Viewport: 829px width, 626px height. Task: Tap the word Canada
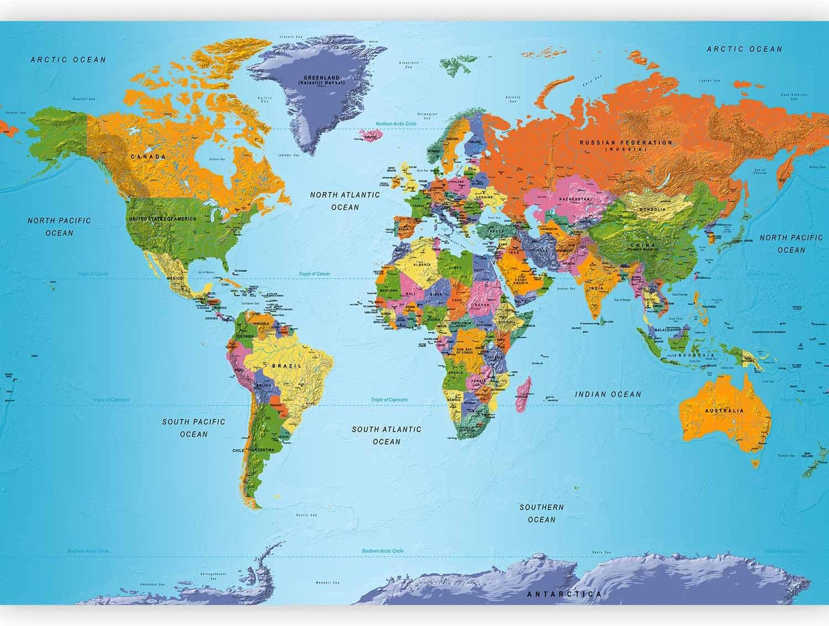click(x=148, y=156)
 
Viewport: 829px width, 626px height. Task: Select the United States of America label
click(x=162, y=219)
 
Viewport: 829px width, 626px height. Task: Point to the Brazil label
click(x=286, y=366)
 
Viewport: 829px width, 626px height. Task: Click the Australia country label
click(x=724, y=410)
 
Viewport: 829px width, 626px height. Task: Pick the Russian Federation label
click(x=625, y=143)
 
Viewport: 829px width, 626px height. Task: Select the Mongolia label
click(x=653, y=209)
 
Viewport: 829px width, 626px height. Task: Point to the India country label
click(x=597, y=288)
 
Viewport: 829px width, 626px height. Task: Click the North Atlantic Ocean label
click(x=345, y=201)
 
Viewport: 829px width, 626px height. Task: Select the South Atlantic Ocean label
click(x=387, y=435)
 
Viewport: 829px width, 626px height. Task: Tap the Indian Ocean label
click(x=608, y=394)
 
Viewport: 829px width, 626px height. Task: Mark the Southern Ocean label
click(x=542, y=513)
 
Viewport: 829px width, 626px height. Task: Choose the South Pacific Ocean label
click(x=193, y=428)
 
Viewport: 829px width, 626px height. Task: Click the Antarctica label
click(x=565, y=594)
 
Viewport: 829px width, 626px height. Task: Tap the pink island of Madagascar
click(x=523, y=394)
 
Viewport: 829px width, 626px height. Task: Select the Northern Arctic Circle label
click(x=396, y=124)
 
